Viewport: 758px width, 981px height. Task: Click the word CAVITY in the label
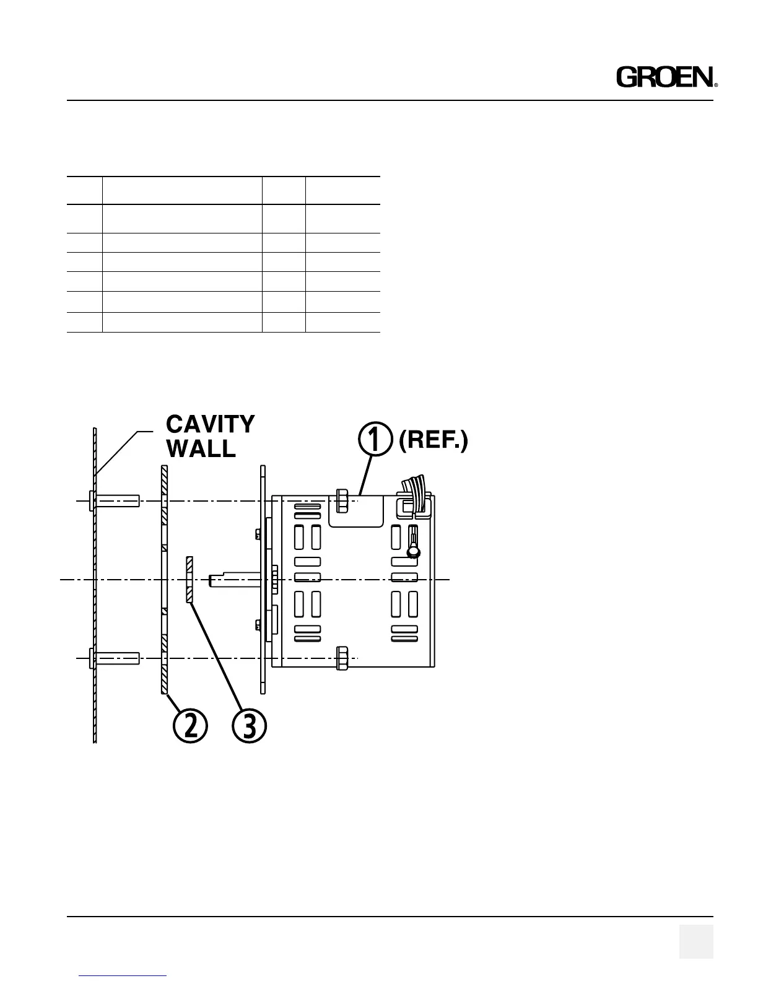tap(210, 424)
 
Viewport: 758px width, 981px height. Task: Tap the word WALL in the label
tap(201, 448)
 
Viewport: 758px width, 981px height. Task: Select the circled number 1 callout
tap(375, 439)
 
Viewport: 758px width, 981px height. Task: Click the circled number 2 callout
tap(190, 725)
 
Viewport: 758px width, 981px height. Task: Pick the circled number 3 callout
tap(249, 725)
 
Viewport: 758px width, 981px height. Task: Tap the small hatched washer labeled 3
tap(189, 580)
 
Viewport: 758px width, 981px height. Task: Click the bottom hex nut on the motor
tap(341, 658)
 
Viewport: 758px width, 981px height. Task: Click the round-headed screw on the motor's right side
tap(413, 551)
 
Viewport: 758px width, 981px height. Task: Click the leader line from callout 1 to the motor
tap(365, 474)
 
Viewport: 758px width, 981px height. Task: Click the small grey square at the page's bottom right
tap(695, 941)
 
